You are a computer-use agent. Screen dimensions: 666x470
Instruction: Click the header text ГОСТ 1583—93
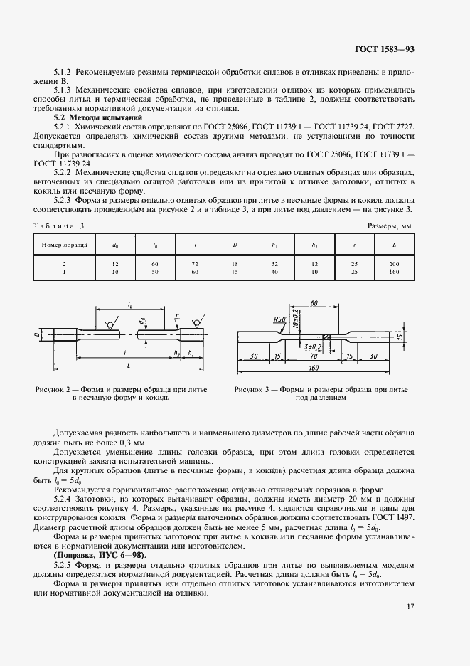(384, 49)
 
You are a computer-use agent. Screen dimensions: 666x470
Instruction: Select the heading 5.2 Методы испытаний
(88, 117)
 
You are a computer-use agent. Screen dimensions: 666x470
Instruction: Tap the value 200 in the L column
(395, 264)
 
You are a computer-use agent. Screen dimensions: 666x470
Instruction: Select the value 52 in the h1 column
(274, 264)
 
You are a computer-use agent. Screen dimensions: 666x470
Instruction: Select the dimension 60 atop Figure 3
(314, 305)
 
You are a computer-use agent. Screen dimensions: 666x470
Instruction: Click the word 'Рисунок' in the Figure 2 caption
(50, 390)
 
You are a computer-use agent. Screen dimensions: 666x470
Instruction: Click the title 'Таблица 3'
(59, 226)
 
